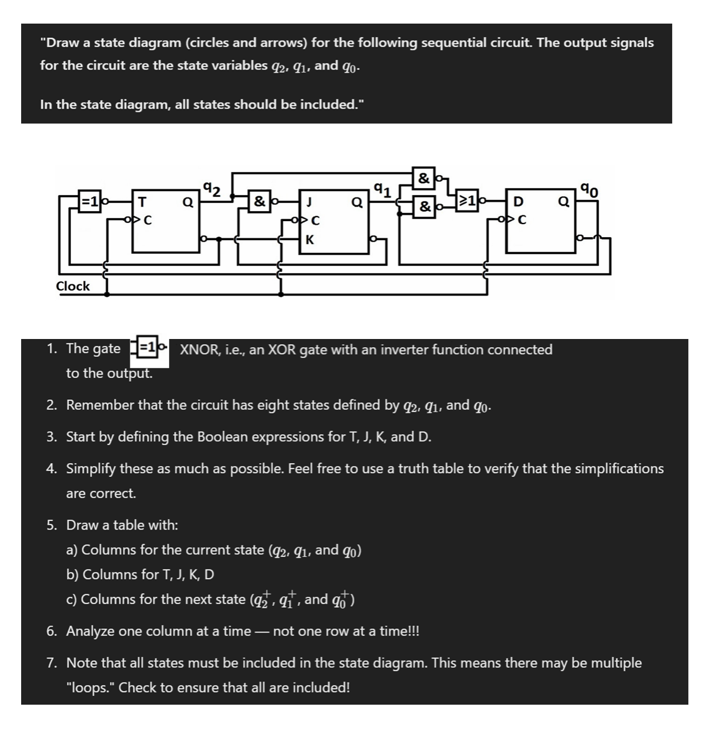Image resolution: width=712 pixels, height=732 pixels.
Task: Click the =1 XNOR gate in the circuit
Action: coord(91,201)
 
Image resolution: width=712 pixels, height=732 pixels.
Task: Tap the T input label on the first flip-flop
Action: coord(142,201)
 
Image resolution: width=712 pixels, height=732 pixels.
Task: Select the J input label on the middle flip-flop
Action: coord(309,201)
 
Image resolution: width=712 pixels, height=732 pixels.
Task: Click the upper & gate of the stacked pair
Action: coord(424,178)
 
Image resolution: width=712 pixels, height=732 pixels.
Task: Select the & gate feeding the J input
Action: coord(259,201)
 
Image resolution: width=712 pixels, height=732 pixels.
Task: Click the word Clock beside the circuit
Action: coord(73,286)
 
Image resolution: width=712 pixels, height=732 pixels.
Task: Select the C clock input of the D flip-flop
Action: coord(522,219)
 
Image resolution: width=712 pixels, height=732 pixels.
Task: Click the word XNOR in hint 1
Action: coord(198,350)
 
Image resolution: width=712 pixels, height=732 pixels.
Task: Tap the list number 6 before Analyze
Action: coord(52,631)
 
